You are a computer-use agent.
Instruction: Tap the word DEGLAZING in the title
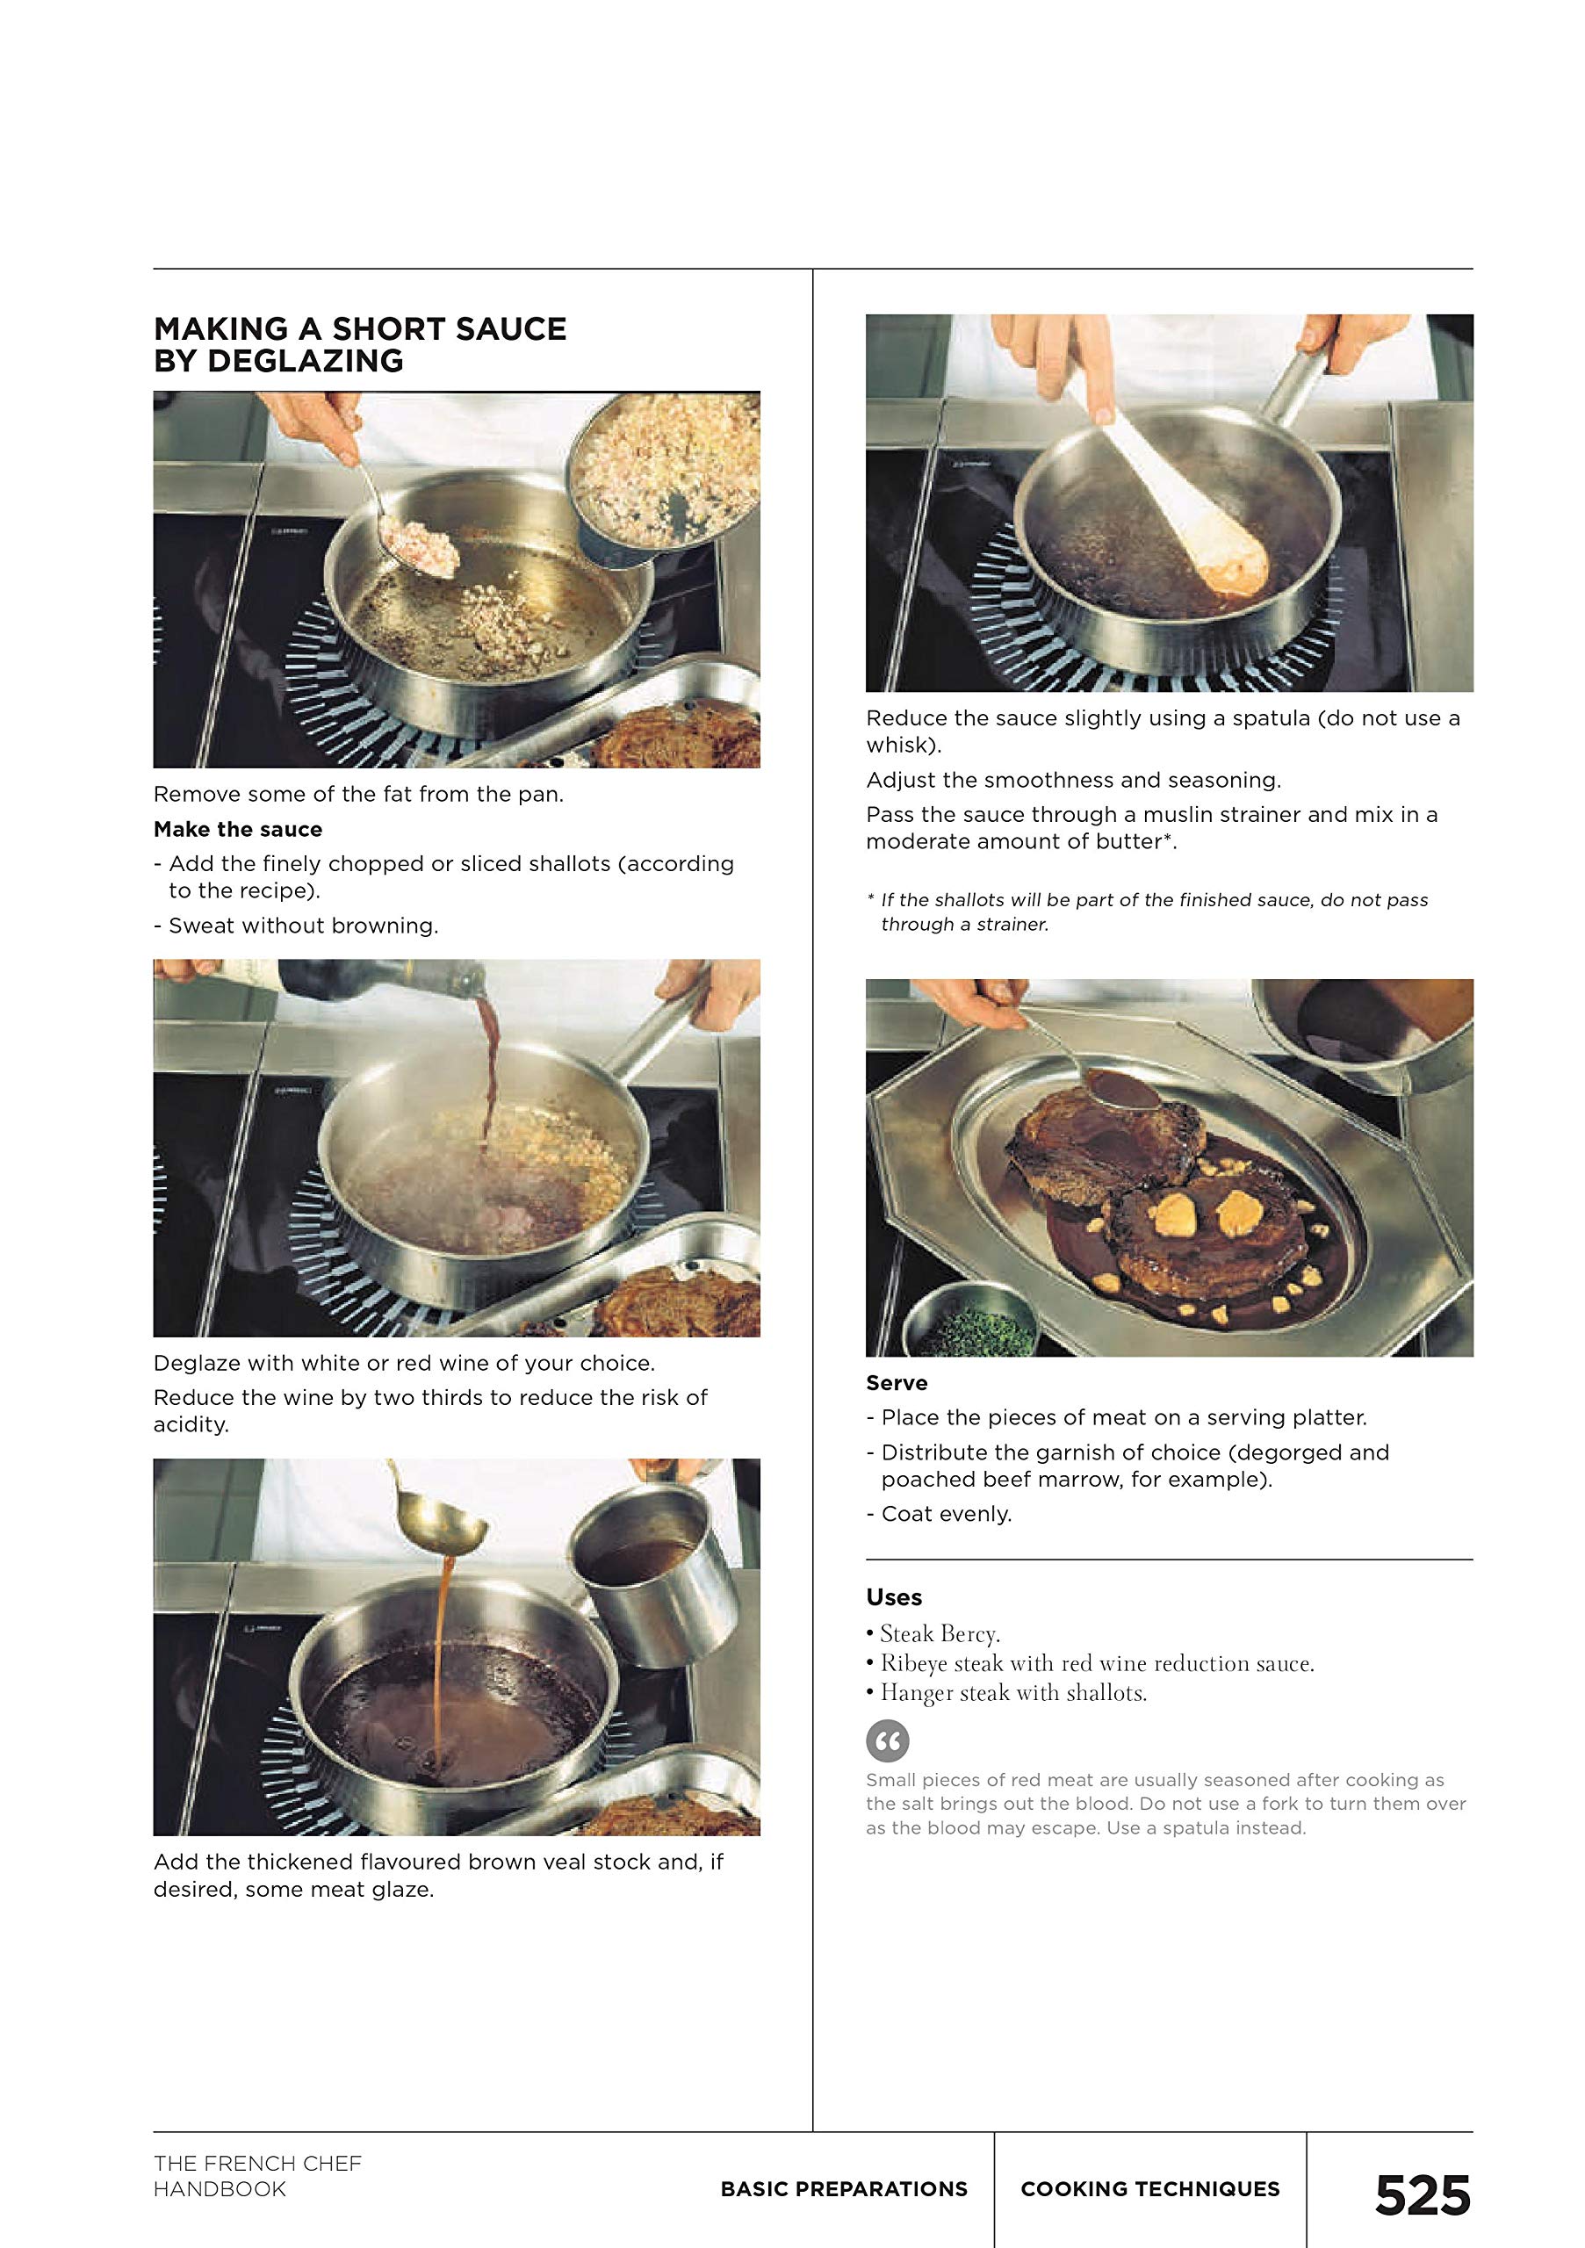(306, 360)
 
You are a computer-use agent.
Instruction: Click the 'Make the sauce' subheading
(238, 829)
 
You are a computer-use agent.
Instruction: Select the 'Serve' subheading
(897, 1382)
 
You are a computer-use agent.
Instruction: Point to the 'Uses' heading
(894, 1597)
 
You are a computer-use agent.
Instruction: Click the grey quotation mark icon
(888, 1740)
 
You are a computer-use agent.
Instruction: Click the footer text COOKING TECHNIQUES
(1150, 2188)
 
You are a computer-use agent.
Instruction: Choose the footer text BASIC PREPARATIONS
(844, 2188)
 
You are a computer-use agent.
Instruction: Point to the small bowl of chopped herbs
(970, 1322)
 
